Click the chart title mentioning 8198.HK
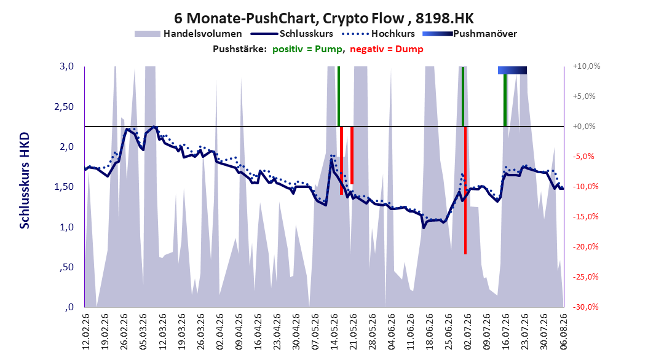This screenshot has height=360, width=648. pyautogui.click(x=323, y=18)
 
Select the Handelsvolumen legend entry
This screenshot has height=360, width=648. pyautogui.click(x=189, y=34)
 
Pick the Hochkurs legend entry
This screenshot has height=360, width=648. pyautogui.click(x=378, y=34)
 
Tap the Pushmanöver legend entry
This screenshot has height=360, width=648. pyautogui.click(x=470, y=34)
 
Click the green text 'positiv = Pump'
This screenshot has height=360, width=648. pyautogui.click(x=307, y=49)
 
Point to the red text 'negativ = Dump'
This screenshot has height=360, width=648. pyautogui.click(x=387, y=49)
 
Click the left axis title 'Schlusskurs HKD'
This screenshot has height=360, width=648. pyautogui.click(x=25, y=181)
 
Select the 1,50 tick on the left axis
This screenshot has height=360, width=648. pyautogui.click(x=64, y=187)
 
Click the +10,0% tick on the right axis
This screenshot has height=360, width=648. pyautogui.click(x=587, y=66)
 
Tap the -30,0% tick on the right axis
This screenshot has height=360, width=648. pyautogui.click(x=585, y=307)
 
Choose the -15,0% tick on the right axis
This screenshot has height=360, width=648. pyautogui.click(x=585, y=216)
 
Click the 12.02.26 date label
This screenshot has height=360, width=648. pyautogui.click(x=86, y=332)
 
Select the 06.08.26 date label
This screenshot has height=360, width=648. pyautogui.click(x=563, y=332)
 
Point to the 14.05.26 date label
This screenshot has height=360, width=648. pyautogui.click(x=334, y=332)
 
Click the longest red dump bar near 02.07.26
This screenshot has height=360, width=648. pyautogui.click(x=465, y=190)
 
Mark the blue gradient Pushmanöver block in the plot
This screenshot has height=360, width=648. pyautogui.click(x=513, y=70)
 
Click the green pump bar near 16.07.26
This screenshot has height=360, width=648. pyautogui.click(x=505, y=100)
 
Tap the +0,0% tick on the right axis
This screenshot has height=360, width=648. pyautogui.click(x=584, y=127)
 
